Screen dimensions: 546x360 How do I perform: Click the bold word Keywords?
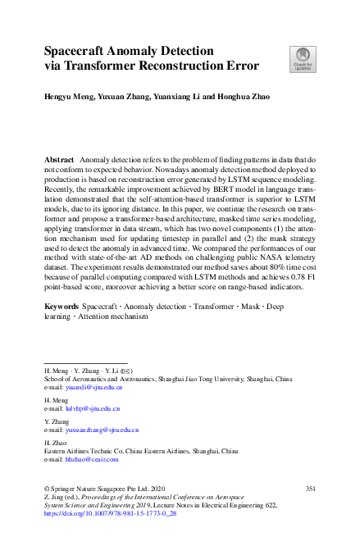(62, 305)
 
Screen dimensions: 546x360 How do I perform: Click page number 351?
(310, 489)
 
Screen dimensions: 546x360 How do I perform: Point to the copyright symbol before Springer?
(47, 489)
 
